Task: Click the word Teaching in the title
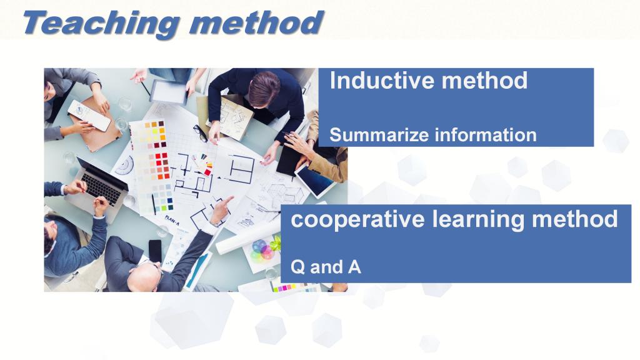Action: (101, 24)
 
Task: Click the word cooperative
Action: (358, 220)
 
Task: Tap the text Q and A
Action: (326, 267)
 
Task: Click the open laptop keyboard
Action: (102, 188)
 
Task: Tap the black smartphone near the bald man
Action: (155, 251)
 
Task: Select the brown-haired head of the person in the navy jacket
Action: (264, 87)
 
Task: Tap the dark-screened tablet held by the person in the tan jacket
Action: (315, 179)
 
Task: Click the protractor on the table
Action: (124, 165)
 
